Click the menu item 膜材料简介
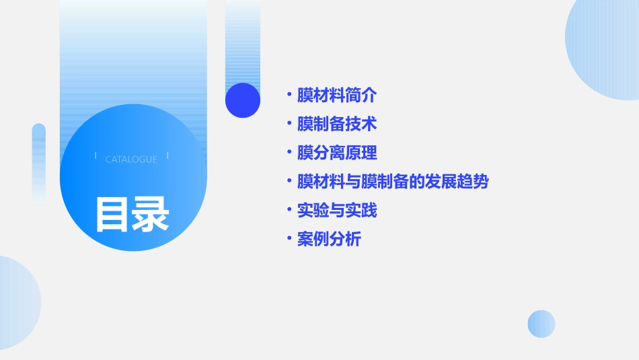[337, 96]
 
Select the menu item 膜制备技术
[337, 124]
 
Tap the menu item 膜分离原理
[337, 153]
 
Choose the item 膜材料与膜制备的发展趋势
[393, 182]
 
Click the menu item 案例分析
[329, 240]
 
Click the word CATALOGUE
[131, 159]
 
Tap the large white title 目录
[132, 215]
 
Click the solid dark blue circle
[243, 100]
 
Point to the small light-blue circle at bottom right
[541, 324]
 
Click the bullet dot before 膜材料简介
[289, 96]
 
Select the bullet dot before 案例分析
[289, 240]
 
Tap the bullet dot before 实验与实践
[289, 211]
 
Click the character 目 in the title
[111, 215]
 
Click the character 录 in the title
[151, 215]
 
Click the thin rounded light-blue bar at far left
[39, 161]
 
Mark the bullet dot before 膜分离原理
[289, 153]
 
